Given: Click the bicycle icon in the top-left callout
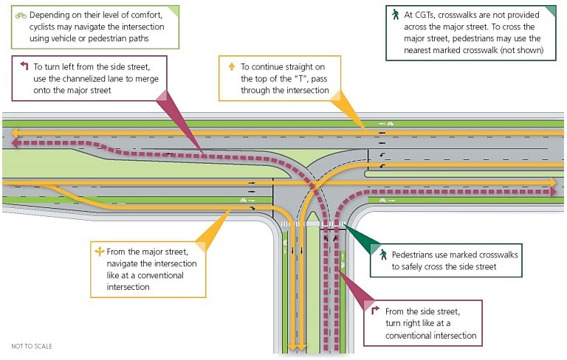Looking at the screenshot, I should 21,15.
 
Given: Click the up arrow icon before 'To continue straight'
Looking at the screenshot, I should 231,66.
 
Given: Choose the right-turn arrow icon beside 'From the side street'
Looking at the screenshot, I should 375,311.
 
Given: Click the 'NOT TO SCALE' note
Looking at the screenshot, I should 32,346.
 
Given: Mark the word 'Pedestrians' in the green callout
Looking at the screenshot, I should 415,253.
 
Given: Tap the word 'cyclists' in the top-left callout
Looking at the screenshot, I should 31,27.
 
